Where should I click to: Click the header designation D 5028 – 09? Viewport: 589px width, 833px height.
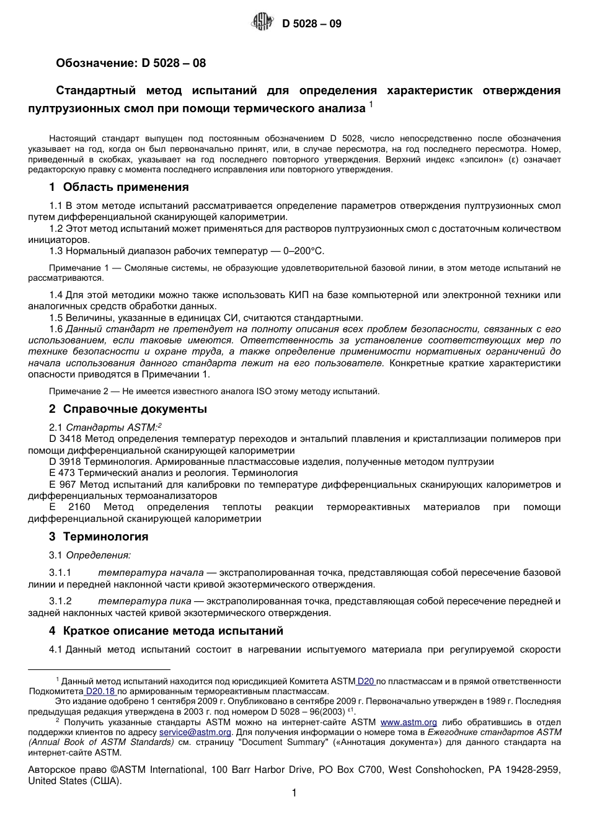click(311, 24)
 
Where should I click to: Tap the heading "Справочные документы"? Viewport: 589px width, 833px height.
click(135, 409)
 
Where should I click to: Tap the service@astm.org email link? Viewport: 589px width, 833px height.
click(196, 732)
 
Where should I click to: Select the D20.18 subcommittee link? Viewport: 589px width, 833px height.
click(100, 691)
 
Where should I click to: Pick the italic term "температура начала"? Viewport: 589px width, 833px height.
click(151, 573)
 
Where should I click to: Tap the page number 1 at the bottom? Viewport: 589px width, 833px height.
click(294, 793)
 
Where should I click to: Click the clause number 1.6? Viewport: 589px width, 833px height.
click(56, 329)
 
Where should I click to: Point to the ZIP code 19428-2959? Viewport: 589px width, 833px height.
click(533, 770)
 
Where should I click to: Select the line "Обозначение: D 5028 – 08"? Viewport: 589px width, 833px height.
click(131, 63)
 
